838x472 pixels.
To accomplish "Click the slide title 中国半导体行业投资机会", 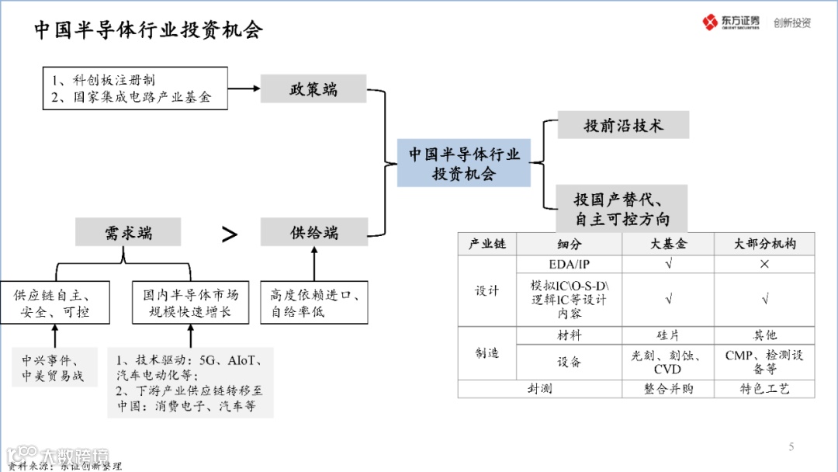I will click(x=148, y=30).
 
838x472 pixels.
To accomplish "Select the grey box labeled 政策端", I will click(x=313, y=88).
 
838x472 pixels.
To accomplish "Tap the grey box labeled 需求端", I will click(x=128, y=232).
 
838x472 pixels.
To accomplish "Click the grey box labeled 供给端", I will click(x=313, y=232).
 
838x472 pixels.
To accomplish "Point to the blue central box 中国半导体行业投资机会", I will click(x=464, y=164).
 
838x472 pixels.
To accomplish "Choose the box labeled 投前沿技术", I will click(x=623, y=125).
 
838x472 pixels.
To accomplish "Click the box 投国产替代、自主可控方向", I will click(x=622, y=209).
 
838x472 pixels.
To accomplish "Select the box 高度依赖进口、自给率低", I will click(x=313, y=303).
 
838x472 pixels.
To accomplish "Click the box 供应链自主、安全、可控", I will click(x=56, y=303).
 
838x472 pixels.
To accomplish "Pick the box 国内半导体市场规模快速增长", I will click(x=190, y=303).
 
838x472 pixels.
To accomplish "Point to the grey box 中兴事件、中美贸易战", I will click(x=56, y=368).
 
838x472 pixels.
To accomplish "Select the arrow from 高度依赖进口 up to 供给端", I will click(x=313, y=263).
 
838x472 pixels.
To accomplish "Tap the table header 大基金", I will click(x=668, y=244).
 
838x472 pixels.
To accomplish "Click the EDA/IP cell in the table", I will click(x=569, y=264).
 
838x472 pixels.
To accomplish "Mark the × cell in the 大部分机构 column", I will click(x=764, y=264).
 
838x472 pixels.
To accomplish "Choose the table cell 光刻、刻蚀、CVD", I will click(x=668, y=362).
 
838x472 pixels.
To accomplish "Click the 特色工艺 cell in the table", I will click(x=764, y=389).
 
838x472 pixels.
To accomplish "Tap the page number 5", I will click(x=791, y=446).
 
